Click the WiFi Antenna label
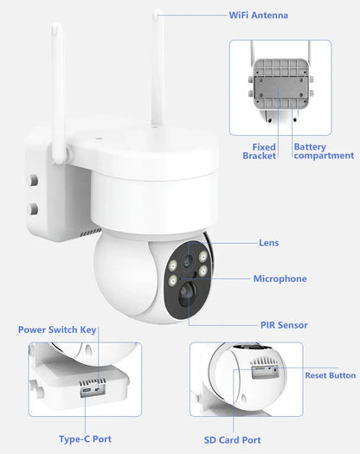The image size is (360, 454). tap(258, 15)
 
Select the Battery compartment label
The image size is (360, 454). tap(323, 151)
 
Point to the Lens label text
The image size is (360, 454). tap(269, 243)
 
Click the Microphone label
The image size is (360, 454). tap(280, 278)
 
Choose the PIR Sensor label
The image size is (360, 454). tap(284, 325)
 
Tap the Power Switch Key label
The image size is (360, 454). tap(58, 329)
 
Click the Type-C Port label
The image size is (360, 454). tap(85, 439)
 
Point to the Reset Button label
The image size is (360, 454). tap(330, 375)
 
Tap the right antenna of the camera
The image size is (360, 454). tap(158, 69)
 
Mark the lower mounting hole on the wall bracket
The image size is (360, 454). tap(34, 208)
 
